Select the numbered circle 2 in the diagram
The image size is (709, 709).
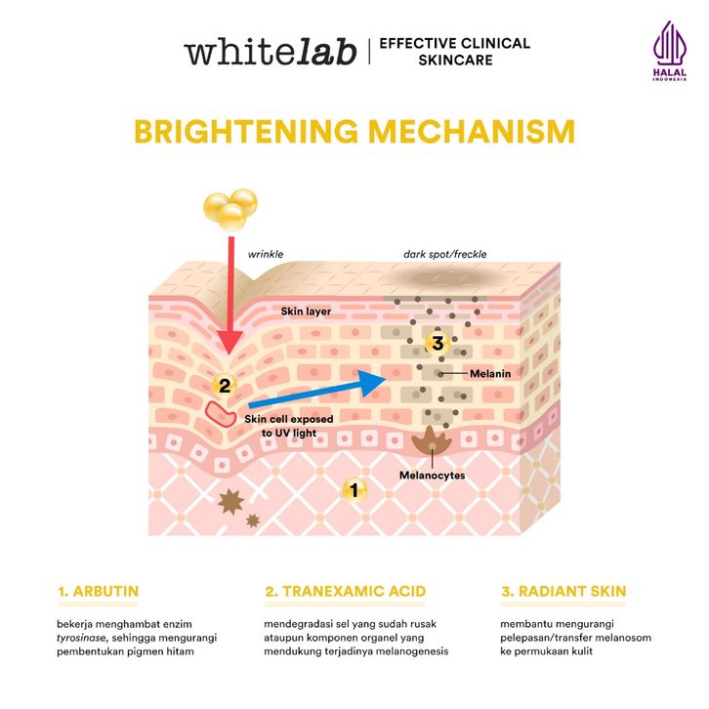[224, 385]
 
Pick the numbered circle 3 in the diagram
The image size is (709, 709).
[437, 343]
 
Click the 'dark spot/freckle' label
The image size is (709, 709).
[445, 254]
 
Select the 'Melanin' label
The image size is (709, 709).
[490, 372]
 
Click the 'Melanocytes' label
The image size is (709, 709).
[432, 476]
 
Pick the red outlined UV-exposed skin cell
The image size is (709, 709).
[219, 414]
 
